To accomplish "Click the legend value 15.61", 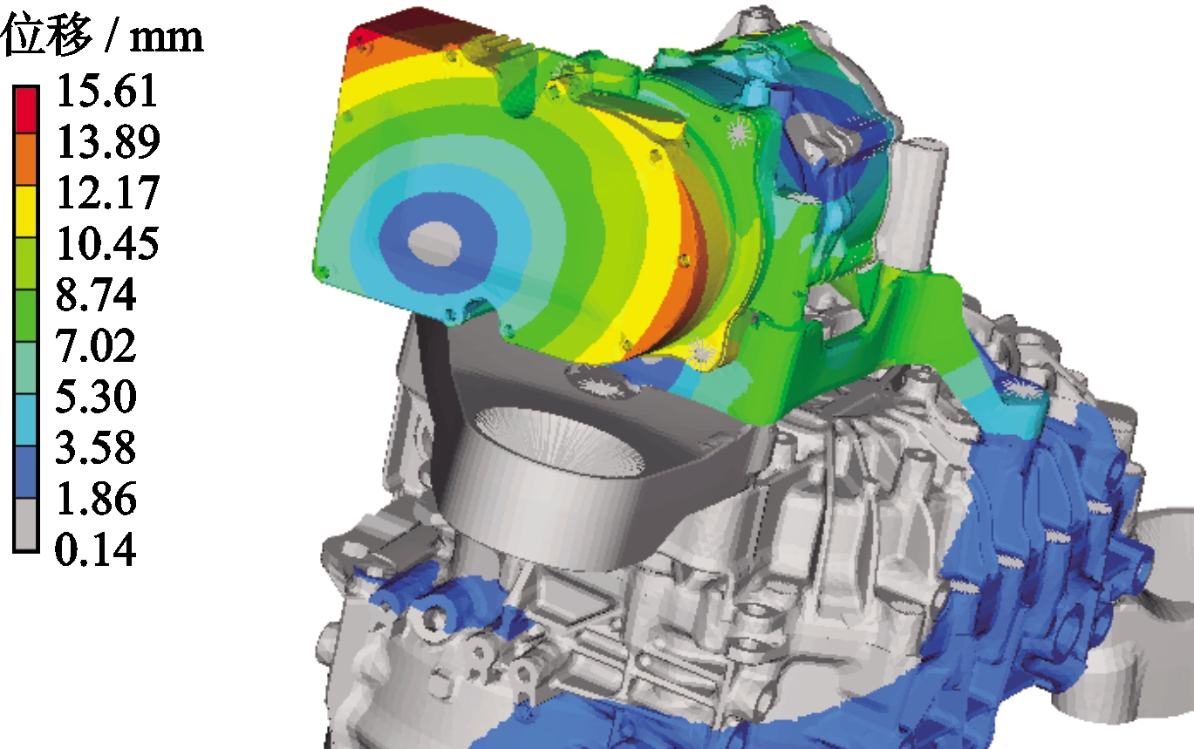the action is (x=107, y=91).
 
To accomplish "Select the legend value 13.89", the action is (x=108, y=142).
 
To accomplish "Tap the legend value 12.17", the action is (x=108, y=193).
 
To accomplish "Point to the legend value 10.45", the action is (x=108, y=243).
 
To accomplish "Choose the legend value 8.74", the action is (x=96, y=295).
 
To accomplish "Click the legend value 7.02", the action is (x=96, y=346).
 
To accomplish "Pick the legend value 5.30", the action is (x=96, y=397).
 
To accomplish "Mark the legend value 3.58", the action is (x=96, y=447).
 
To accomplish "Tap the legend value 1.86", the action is (x=96, y=499).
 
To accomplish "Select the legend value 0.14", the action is (x=96, y=549).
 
